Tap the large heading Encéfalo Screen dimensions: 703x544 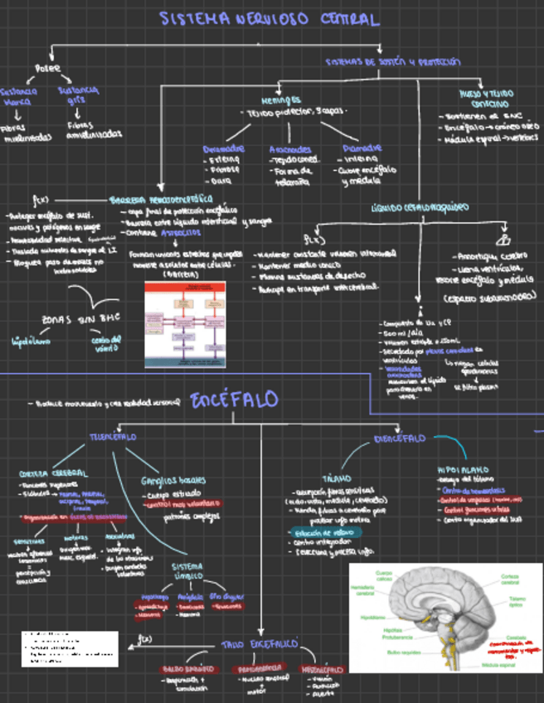(235, 400)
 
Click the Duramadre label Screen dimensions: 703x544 (224, 148)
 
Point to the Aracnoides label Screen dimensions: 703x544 (290, 148)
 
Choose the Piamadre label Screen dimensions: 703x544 (361, 148)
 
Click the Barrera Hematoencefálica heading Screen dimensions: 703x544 (161, 200)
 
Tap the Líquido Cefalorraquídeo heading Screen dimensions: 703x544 (420, 206)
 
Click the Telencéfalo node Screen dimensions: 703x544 (114, 436)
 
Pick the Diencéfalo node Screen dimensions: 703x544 (401, 438)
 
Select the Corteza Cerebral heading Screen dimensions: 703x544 (52, 473)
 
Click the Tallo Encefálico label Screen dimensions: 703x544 (260, 643)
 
